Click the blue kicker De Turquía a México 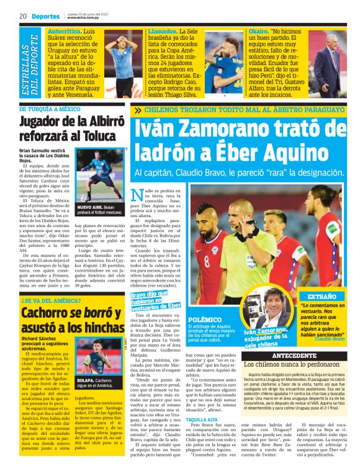click(x=52, y=109)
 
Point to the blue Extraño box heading click(x=323, y=297)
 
